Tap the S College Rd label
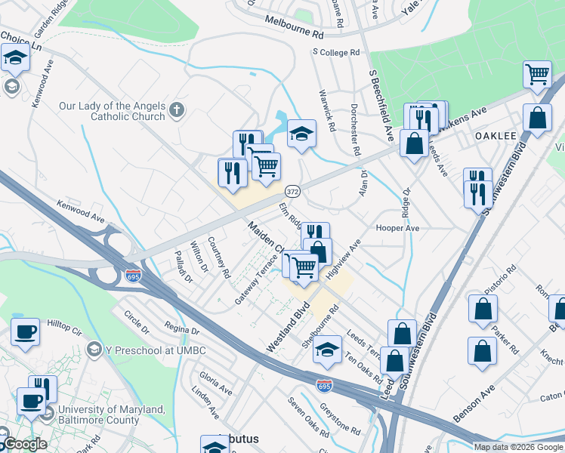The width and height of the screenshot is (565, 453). point(336,53)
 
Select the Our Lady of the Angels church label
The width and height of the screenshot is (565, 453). point(112,111)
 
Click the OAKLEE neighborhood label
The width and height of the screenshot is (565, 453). point(496,135)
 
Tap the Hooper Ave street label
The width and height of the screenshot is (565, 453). point(397,227)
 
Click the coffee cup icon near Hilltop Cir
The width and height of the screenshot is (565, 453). point(26,332)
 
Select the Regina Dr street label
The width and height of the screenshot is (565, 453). point(181,331)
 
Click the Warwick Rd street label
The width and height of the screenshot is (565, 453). point(327,109)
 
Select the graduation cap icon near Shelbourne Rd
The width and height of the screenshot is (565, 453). point(326,350)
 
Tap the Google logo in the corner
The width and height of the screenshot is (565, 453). point(24,444)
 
